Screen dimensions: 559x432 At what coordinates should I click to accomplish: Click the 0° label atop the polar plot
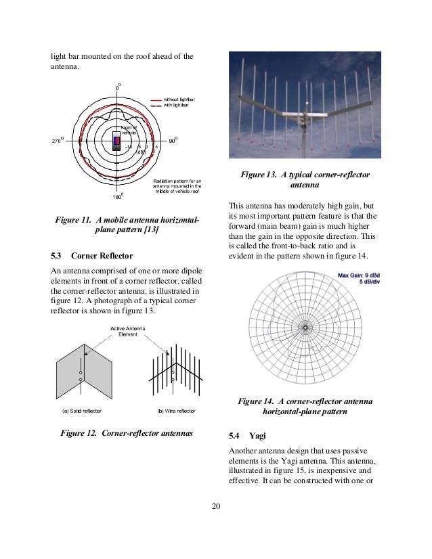tap(117, 87)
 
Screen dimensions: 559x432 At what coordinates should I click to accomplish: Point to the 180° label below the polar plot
tap(117, 197)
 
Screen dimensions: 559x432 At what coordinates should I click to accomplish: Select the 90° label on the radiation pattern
tap(173, 141)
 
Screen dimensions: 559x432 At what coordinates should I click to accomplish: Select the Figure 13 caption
tap(305, 179)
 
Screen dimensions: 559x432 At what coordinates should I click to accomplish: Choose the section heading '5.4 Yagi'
tap(249, 435)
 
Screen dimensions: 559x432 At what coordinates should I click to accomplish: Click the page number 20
tap(215, 505)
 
